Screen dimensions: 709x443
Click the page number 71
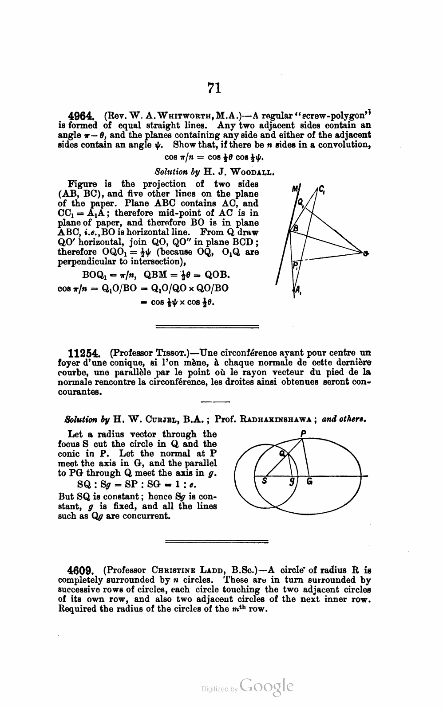pos(214,88)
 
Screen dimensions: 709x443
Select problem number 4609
pos(80,570)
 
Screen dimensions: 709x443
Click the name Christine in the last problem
pos(170,570)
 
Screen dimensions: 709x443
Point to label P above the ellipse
pos(304,433)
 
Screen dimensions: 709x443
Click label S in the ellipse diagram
pos(265,482)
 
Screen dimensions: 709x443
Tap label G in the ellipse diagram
pos(309,482)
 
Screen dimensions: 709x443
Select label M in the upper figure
pos(295,189)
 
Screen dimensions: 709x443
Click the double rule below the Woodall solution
pos(208,327)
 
